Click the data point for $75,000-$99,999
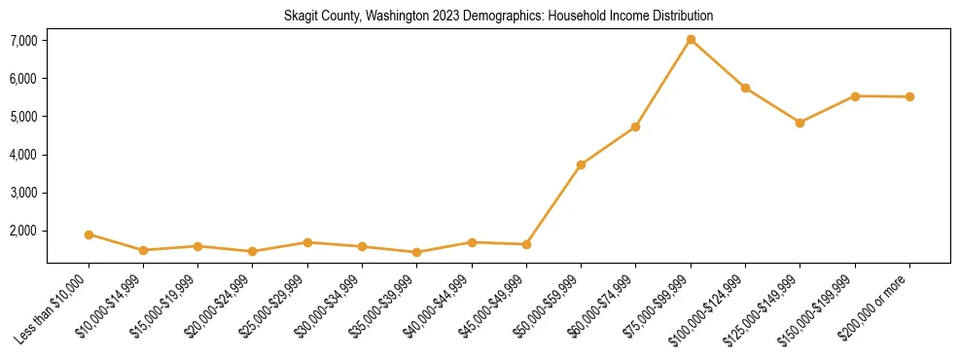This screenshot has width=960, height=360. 691,40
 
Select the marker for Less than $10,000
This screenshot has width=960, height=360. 89,234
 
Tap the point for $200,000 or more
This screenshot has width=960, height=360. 909,96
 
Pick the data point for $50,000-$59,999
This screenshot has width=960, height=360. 581,164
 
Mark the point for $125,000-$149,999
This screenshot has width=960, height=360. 800,123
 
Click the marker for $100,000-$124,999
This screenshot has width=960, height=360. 745,88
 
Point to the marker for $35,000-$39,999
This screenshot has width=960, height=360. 416,252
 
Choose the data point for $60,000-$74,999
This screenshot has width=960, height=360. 635,126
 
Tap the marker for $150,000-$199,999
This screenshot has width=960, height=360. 855,95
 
